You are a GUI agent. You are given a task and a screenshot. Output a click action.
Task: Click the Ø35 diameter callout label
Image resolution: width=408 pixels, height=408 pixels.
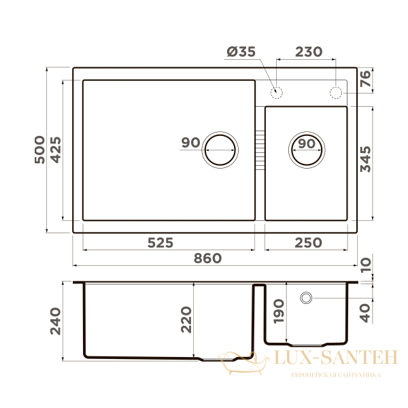click(241, 52)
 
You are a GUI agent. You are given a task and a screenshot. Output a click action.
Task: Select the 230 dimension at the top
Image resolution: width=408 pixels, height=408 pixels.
click(309, 52)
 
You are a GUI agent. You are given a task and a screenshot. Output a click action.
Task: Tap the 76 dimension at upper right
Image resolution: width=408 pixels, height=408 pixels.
click(365, 79)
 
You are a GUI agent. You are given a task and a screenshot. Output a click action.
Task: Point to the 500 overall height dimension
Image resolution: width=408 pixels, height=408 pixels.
click(40, 150)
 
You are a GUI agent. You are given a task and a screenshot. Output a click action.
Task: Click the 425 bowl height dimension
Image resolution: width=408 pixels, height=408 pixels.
click(56, 150)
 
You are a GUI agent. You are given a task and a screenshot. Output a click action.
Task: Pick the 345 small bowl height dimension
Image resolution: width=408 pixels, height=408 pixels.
click(365, 159)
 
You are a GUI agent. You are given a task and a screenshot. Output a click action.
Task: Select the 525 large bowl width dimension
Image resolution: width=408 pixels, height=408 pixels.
click(160, 243)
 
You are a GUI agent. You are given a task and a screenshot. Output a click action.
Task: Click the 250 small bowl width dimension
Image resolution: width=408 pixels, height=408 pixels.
click(308, 243)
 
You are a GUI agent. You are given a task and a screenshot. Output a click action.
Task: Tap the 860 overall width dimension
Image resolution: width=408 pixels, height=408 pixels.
click(207, 258)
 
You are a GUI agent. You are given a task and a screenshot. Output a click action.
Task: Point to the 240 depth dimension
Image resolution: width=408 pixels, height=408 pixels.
click(56, 321)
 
